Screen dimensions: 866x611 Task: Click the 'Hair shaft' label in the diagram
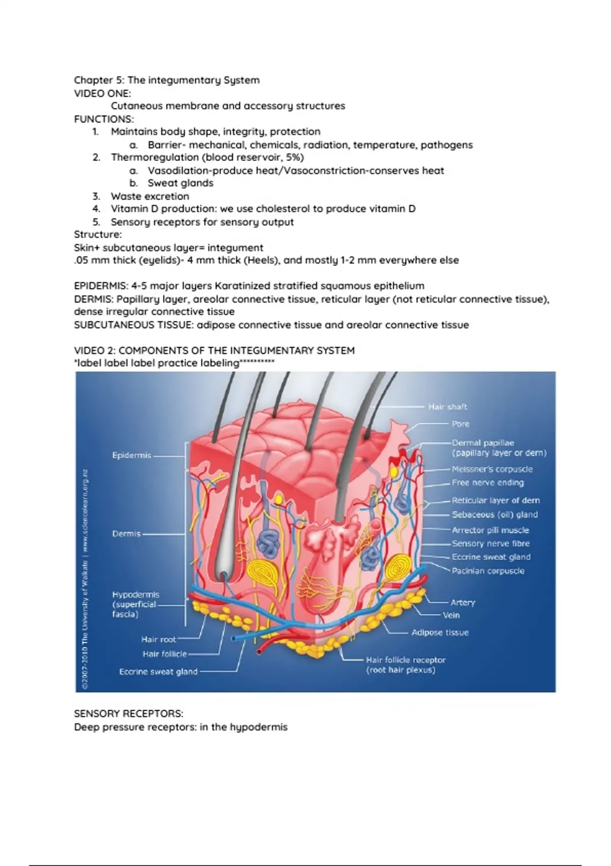(448, 407)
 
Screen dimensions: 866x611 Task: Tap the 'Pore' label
(460, 424)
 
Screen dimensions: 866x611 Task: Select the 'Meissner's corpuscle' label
(492, 469)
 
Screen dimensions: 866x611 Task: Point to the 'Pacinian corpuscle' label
(488, 571)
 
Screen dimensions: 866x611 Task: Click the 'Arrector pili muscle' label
(490, 530)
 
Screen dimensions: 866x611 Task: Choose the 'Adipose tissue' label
(440, 633)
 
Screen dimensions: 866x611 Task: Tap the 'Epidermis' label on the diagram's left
(131, 455)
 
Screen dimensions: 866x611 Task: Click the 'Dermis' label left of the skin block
(126, 534)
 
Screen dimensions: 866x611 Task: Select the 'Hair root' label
(158, 639)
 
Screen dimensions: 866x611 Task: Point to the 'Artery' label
(462, 603)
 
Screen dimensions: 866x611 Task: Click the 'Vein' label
(451, 615)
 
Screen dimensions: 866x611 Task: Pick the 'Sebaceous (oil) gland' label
(494, 515)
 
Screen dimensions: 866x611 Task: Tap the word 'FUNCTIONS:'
(104, 119)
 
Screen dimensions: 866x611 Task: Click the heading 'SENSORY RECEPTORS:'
(128, 714)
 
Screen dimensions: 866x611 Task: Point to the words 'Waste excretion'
(150, 196)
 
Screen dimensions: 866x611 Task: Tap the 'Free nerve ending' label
(487, 483)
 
